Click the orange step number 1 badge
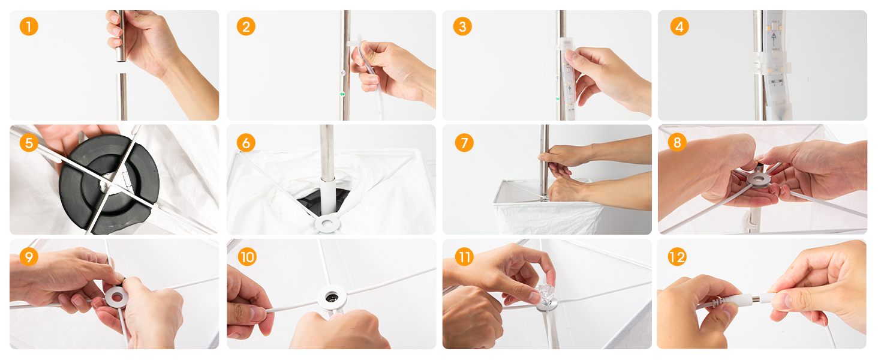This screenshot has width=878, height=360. click(29, 26)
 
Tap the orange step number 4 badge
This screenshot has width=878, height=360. click(679, 26)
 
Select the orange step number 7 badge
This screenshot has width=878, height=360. click(464, 143)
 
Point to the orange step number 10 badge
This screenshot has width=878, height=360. click(247, 257)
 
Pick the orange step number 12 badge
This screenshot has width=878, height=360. click(677, 257)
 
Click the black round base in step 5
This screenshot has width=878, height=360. click(109, 184)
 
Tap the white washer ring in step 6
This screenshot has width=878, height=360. click(327, 224)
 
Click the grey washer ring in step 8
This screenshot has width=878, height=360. click(759, 179)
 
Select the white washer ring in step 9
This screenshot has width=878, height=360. click(116, 297)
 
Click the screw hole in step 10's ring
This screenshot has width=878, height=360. click(332, 296)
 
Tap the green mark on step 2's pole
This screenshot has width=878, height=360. click(342, 94)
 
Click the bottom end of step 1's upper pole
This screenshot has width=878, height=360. click(121, 61)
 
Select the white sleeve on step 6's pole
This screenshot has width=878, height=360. click(328, 196)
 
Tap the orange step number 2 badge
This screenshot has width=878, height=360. click(246, 26)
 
